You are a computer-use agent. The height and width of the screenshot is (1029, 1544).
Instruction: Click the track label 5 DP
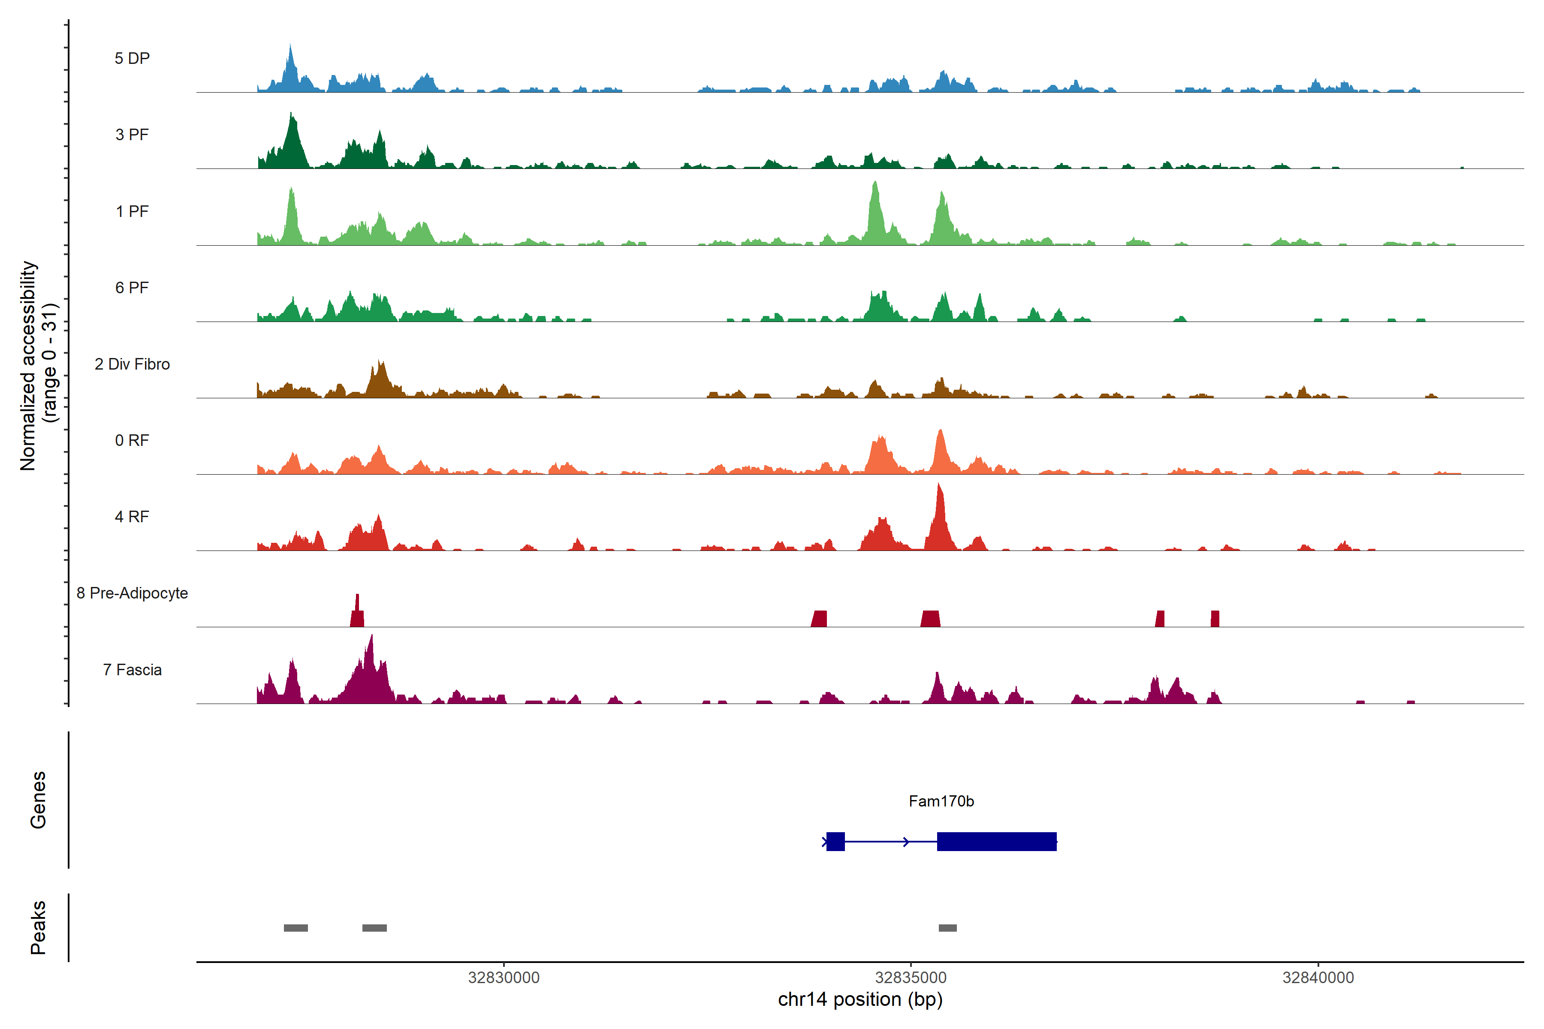[132, 58]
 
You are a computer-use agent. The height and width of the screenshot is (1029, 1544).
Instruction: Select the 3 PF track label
[132, 135]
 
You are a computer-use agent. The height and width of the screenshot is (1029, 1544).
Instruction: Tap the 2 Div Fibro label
[132, 364]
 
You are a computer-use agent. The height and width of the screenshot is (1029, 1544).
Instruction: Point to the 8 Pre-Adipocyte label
[132, 593]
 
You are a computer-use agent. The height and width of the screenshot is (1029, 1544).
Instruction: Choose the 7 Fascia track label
[132, 670]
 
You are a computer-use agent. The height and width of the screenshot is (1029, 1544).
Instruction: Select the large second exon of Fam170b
[996, 841]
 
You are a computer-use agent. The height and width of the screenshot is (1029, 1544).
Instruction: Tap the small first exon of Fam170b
[835, 841]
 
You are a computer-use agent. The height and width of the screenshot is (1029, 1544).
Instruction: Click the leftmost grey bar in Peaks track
[296, 928]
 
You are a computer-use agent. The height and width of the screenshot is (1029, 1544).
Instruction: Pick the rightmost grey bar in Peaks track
[947, 928]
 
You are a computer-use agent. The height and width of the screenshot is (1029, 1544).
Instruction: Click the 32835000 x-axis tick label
[911, 978]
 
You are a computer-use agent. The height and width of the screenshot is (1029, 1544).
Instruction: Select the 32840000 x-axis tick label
[1318, 978]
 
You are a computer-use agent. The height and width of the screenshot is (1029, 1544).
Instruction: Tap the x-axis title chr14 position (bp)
[860, 999]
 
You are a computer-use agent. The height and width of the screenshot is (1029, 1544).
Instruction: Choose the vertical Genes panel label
[38, 800]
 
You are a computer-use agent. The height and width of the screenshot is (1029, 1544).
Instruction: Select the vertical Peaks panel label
[38, 927]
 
